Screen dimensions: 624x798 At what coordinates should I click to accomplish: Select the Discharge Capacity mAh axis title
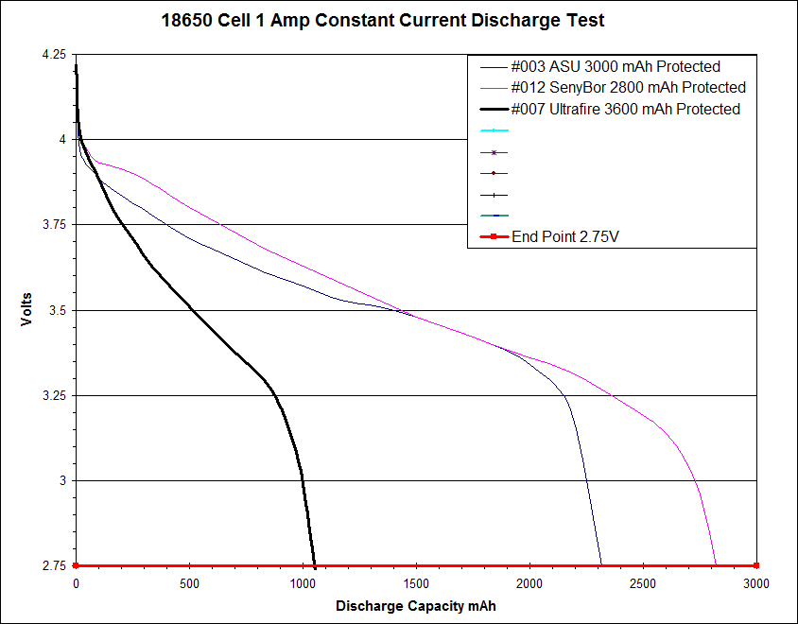pos(415,604)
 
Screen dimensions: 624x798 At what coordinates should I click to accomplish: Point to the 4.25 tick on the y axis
pos(54,55)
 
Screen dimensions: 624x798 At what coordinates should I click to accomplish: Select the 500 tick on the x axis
pos(189,583)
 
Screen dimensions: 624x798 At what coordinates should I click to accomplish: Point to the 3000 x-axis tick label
pos(756,583)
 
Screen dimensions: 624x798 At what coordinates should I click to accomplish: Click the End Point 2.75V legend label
pos(565,236)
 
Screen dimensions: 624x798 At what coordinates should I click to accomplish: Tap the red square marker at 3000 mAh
pos(756,566)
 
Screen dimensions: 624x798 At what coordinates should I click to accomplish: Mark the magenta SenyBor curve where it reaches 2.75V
pos(716,564)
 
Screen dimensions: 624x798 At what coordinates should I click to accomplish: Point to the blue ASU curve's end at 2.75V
pos(600,564)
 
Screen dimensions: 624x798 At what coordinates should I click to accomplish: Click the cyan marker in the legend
pos(494,130)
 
